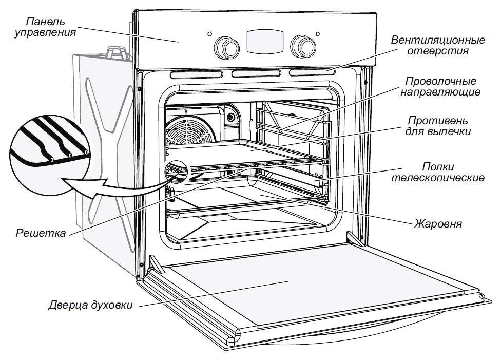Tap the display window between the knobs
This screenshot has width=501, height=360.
point(264,40)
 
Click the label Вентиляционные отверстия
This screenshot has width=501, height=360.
point(438,46)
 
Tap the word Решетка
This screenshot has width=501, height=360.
point(41,234)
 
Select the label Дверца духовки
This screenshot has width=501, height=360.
point(91,305)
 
